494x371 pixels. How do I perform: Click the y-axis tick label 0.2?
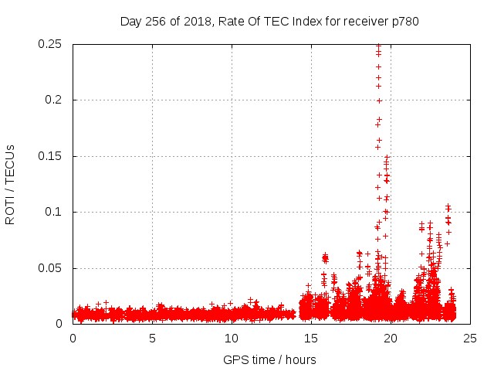click(x=54, y=100)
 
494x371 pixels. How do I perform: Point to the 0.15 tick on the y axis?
click(x=51, y=156)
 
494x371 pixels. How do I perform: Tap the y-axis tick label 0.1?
click(x=54, y=212)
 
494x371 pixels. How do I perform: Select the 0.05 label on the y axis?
click(x=51, y=268)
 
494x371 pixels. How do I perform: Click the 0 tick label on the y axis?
click(x=59, y=324)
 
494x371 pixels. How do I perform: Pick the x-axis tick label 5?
click(x=152, y=339)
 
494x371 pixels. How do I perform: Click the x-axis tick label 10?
click(x=232, y=339)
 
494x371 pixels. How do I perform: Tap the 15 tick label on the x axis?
click(x=311, y=339)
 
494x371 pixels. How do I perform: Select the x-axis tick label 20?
click(x=391, y=339)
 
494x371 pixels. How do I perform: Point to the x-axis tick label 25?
click(x=470, y=339)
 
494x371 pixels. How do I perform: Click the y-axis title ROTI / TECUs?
click(x=10, y=184)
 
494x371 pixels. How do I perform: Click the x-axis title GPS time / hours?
click(x=269, y=359)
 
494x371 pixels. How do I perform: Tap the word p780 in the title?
click(x=404, y=21)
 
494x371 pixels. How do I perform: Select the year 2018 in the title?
click(x=197, y=21)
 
